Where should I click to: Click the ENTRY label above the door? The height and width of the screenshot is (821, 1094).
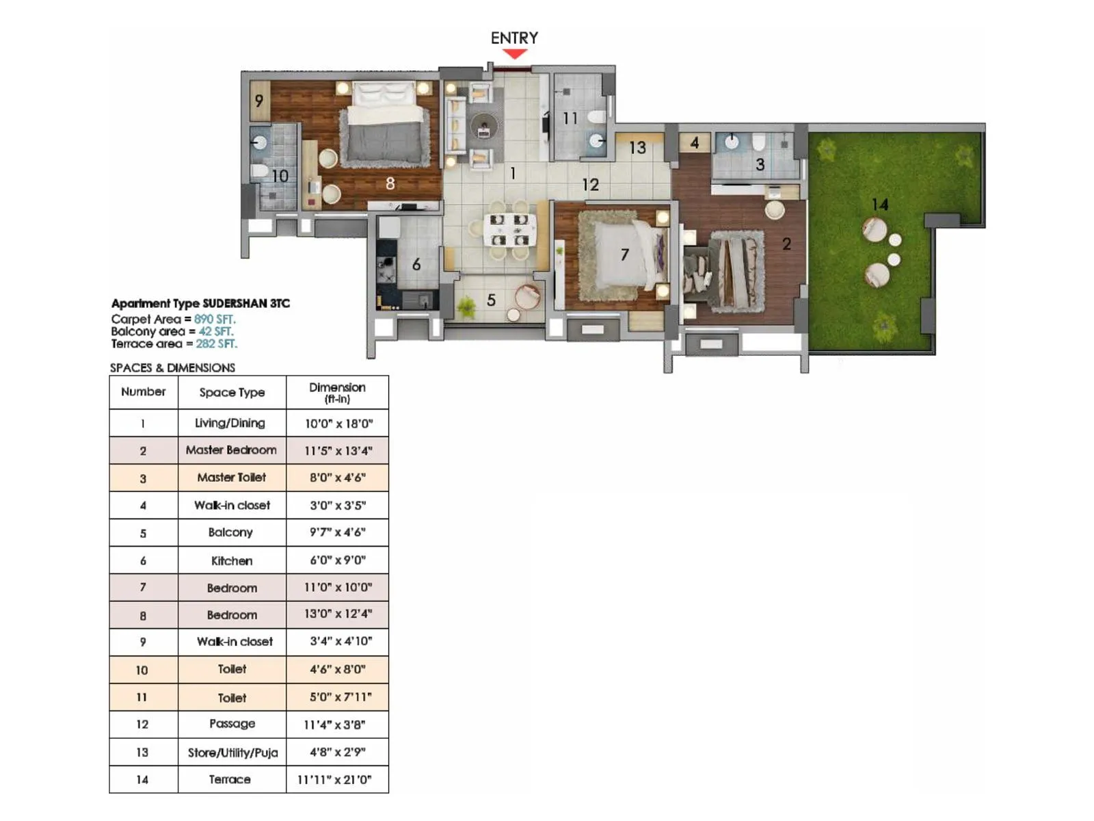click(514, 38)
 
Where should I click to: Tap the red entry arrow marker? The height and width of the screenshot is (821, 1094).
click(514, 54)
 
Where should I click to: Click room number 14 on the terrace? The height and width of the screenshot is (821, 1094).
click(880, 204)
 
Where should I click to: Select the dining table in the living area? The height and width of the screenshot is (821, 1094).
click(509, 230)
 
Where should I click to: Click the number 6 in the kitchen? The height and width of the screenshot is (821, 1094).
click(416, 264)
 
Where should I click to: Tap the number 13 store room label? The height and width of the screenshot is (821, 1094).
click(637, 147)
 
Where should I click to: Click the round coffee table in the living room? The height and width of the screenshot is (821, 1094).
click(484, 126)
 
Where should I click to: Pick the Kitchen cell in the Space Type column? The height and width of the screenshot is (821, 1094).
click(232, 560)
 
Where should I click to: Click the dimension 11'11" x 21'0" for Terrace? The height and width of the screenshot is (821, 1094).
click(337, 779)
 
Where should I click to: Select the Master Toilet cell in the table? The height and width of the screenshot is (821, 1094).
click(232, 478)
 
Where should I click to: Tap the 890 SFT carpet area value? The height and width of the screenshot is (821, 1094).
click(215, 319)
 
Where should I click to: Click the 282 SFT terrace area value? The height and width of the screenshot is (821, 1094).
click(216, 343)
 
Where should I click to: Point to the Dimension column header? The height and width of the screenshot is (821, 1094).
click(337, 392)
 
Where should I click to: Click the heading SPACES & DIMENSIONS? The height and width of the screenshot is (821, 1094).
click(172, 367)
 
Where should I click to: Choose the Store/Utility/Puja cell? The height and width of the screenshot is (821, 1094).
click(232, 753)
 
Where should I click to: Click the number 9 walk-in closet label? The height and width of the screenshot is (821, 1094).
click(259, 101)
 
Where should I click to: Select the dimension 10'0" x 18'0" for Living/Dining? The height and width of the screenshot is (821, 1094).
click(338, 423)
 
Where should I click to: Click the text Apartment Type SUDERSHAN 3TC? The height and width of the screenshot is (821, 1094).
click(200, 303)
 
